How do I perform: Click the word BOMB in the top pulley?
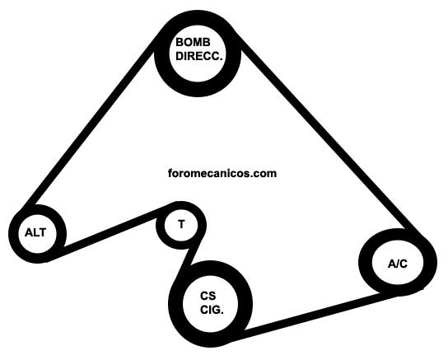point(193,42)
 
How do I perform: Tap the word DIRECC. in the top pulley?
point(198,56)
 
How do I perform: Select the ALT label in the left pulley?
point(35,232)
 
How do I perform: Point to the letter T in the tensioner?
point(181,224)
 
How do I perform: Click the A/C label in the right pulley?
point(398,264)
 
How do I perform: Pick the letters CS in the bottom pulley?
point(208,296)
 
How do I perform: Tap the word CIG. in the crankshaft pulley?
point(212,310)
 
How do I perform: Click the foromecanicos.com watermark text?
point(222,174)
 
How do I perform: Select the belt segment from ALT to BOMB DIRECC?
point(90,121)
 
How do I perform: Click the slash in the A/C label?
point(398,264)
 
